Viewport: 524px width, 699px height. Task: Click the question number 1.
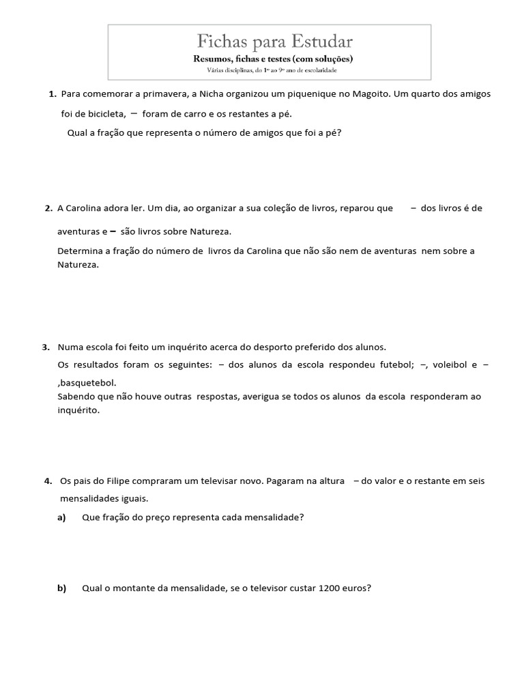pyautogui.click(x=53, y=93)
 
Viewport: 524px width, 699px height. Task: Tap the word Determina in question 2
pyautogui.click(x=78, y=251)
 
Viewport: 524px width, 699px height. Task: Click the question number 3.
pyautogui.click(x=46, y=347)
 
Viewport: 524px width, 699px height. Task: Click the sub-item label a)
pyautogui.click(x=61, y=517)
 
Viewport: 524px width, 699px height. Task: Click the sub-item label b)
pyautogui.click(x=61, y=588)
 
